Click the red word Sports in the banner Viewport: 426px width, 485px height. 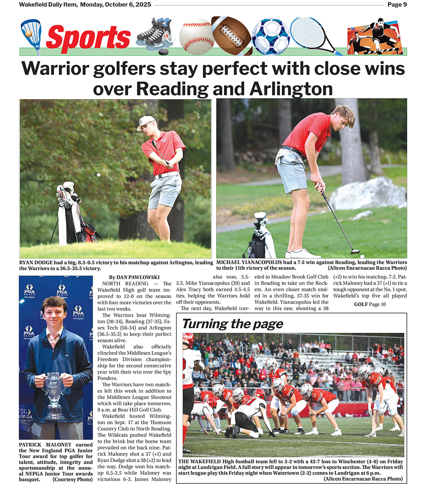pyautogui.click(x=88, y=37)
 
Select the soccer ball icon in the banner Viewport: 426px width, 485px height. pyautogui.click(x=271, y=36)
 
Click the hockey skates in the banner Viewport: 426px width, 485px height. pyautogui.click(x=154, y=34)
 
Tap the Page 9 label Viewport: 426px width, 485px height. pyautogui.click(x=397, y=5)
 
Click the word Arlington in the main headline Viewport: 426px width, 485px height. pyautogui.click(x=291, y=89)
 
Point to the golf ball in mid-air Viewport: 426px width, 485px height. pyautogui.click(x=99, y=175)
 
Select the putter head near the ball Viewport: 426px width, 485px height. pyautogui.click(x=355, y=252)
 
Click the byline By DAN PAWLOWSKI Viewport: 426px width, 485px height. pyautogui.click(x=134, y=277)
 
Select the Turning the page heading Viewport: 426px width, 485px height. pyautogui.click(x=233, y=324)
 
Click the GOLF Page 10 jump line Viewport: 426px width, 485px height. pyautogui.click(x=370, y=304)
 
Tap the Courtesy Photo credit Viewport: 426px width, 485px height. pyautogui.click(x=72, y=479)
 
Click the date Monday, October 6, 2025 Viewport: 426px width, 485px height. pyautogui.click(x=115, y=5)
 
